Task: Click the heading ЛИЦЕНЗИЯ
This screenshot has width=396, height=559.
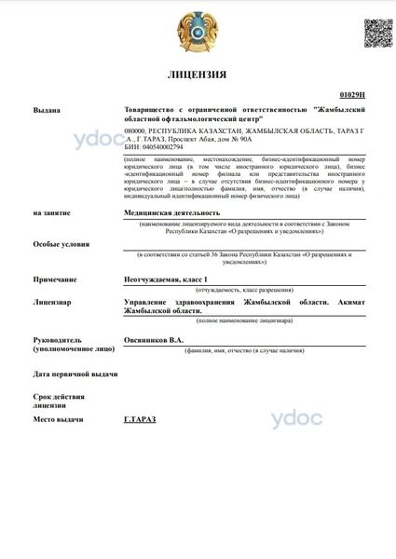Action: click(198, 75)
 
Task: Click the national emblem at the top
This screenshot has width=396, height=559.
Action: click(198, 32)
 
